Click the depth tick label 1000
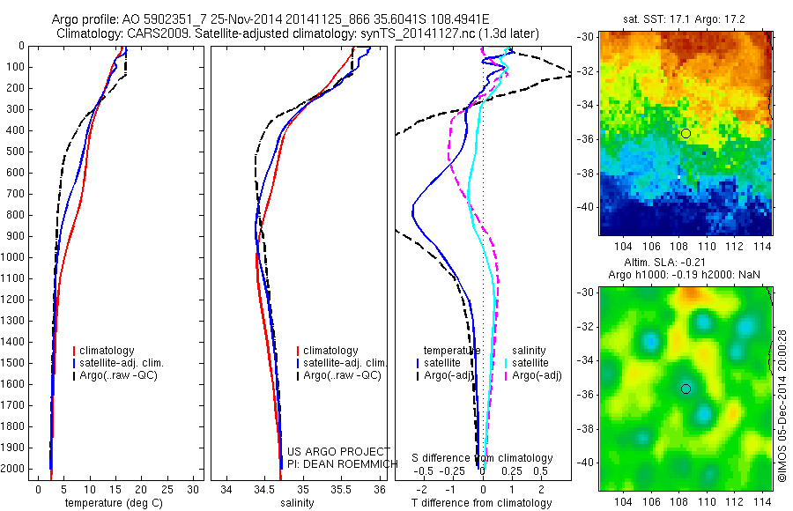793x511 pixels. [16, 257]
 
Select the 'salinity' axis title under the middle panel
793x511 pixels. [297, 503]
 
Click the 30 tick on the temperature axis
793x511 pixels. [191, 489]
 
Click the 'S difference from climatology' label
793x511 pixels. [483, 458]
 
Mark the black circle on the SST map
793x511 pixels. [686, 133]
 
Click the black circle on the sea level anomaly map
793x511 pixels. [686, 389]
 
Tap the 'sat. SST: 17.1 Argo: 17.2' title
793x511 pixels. [686, 18]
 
